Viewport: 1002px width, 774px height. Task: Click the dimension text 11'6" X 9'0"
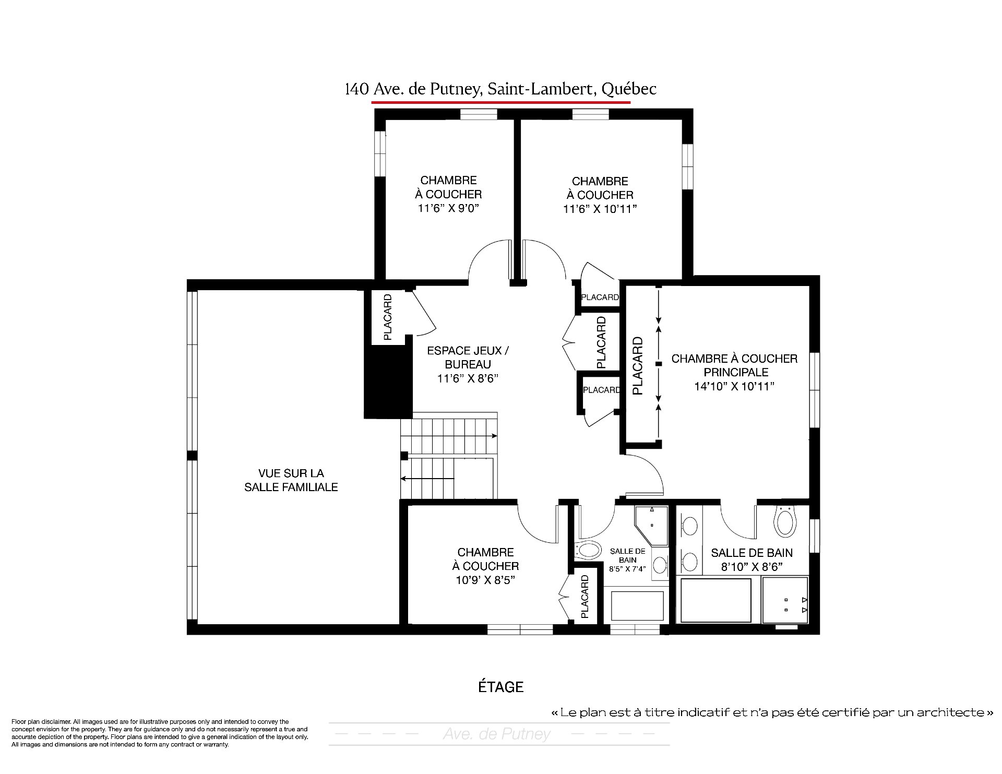click(448, 208)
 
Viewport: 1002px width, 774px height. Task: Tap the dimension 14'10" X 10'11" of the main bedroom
click(734, 386)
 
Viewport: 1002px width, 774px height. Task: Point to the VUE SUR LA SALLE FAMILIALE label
click(291, 480)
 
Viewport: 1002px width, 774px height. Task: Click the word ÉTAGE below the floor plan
click(501, 687)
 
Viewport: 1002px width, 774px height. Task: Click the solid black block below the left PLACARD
click(388, 382)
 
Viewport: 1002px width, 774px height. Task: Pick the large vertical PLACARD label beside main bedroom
click(637, 365)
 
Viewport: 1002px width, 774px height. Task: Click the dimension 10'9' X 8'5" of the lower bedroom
click(485, 580)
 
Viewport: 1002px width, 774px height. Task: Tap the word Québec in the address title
click(629, 89)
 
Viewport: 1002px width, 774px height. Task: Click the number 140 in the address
click(356, 89)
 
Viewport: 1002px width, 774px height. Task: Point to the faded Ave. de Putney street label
click(497, 734)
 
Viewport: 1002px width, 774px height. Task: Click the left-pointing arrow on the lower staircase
click(427, 478)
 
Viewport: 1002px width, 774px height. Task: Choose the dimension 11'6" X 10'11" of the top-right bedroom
click(600, 209)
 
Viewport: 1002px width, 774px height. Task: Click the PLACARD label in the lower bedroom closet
click(584, 597)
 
